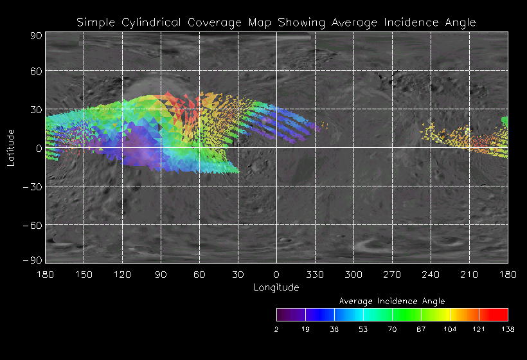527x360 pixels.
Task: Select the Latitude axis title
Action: pos(11,147)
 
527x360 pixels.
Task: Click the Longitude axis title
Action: pos(276,287)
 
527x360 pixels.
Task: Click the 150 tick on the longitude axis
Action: pos(84,274)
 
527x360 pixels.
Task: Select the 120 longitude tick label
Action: pos(122,274)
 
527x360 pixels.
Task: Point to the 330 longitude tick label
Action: pos(315,274)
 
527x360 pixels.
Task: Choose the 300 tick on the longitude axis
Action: pos(353,274)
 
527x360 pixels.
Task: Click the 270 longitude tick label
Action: pos(392,274)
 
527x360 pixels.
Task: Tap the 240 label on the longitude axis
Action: pos(431,274)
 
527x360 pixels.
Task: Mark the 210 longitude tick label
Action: pos(469,274)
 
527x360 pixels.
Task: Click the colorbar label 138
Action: pos(508,329)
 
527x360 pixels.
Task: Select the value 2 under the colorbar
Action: pos(277,329)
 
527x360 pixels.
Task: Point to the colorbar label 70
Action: pos(392,329)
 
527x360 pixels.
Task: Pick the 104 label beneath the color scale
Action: pos(450,329)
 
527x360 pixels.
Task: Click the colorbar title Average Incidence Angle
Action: pos(392,301)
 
